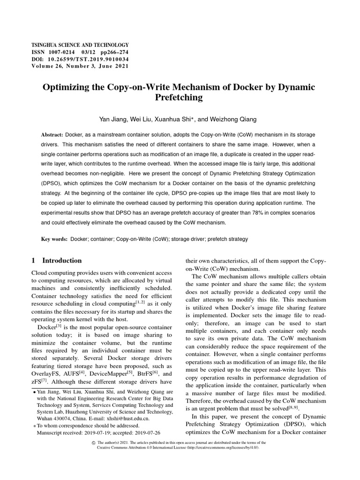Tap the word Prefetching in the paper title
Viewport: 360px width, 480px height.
[x=180, y=98]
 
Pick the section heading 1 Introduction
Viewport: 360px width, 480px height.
[x=56, y=261]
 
